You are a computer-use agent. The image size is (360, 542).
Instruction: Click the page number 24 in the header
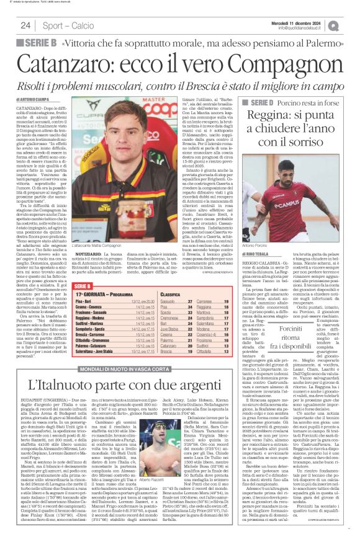pyautogui.click(x=25, y=25)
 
